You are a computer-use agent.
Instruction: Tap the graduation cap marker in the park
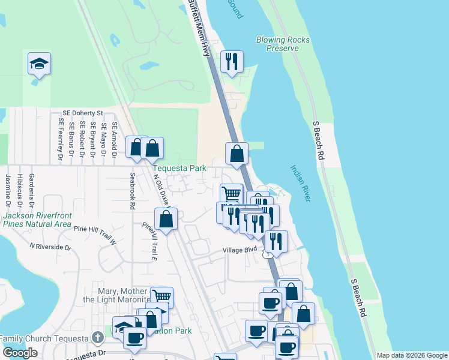[x=39, y=64]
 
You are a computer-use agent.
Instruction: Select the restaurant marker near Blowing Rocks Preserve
[x=231, y=61]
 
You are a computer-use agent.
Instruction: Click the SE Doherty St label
[x=83, y=113]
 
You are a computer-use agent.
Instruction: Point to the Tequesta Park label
[x=179, y=169]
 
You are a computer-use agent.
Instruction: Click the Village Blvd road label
[x=240, y=249]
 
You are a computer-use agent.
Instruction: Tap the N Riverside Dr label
[x=50, y=247]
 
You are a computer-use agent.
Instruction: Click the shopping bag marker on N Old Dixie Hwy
[x=166, y=218]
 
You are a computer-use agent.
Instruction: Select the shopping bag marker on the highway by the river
[x=237, y=153]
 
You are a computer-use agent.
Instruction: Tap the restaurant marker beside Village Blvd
[x=276, y=241]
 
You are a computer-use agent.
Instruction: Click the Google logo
[x=20, y=353]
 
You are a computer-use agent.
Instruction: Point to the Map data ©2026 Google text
[x=411, y=355]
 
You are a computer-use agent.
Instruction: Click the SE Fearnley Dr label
[x=61, y=139]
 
